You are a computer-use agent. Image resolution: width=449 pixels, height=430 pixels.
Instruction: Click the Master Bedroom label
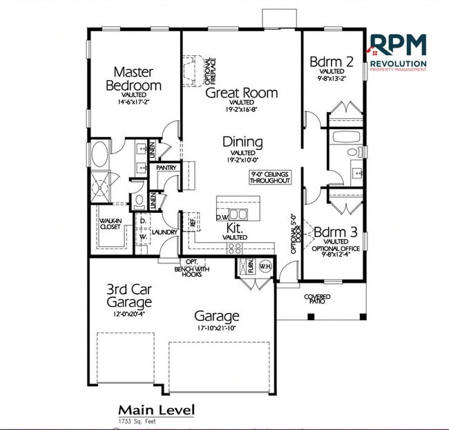point(133,78)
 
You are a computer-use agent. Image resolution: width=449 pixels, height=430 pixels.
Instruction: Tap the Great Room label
point(242,93)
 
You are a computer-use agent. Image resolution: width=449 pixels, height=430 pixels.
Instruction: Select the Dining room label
point(242,142)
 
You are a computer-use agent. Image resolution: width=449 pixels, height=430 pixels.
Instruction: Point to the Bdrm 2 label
point(332,61)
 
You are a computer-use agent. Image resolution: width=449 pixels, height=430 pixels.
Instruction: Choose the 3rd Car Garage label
point(129,295)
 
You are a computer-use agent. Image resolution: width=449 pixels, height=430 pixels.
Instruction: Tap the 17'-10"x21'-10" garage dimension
point(217,328)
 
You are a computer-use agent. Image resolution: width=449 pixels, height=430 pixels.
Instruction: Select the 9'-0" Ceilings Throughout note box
point(269,176)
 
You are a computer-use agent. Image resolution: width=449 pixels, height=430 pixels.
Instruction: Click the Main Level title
point(156,409)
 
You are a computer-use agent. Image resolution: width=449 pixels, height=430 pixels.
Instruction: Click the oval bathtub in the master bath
point(98,153)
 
